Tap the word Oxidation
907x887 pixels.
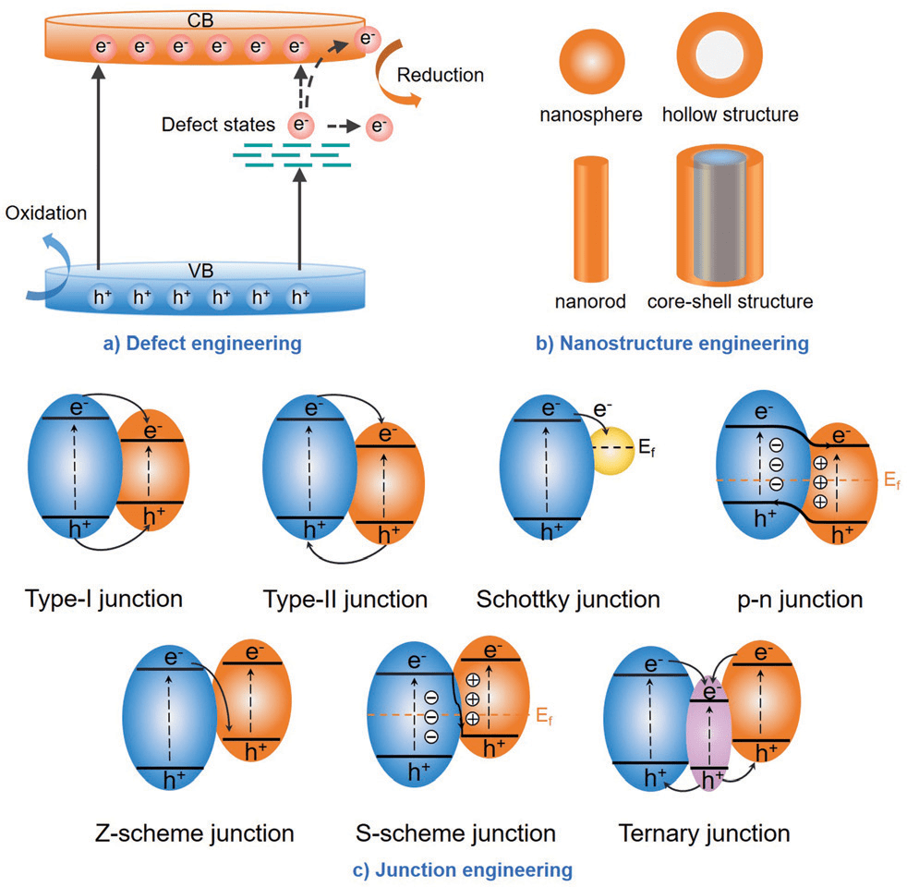[45, 213]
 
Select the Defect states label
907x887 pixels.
[218, 124]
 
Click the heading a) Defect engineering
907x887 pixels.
[202, 344]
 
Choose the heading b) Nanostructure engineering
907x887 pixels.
[671, 344]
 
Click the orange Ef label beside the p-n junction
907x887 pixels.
[888, 481]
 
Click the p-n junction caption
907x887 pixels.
[788, 599]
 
